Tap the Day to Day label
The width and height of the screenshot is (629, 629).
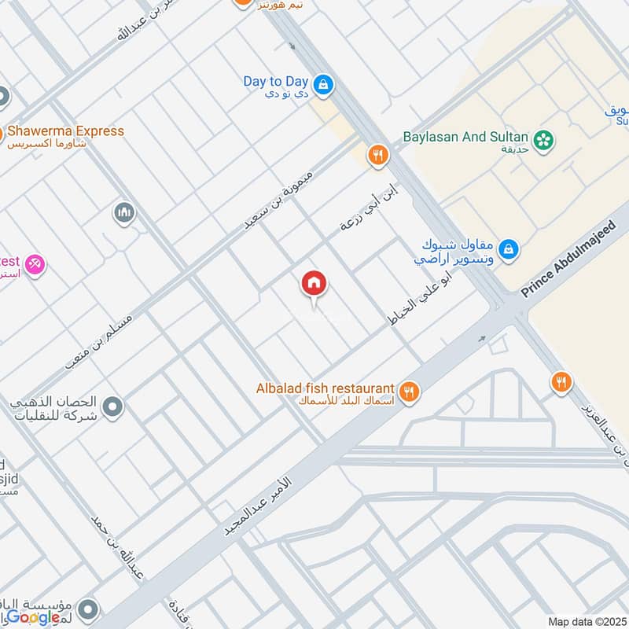tap(275, 82)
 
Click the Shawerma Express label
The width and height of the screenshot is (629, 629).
tap(66, 131)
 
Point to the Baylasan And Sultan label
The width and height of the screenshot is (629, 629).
tap(465, 137)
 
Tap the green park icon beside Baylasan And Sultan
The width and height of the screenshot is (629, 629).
tap(543, 141)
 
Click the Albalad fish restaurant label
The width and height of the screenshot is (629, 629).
tap(325, 388)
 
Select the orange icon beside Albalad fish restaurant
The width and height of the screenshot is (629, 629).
tap(408, 391)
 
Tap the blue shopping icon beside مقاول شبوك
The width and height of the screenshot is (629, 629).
tap(509, 249)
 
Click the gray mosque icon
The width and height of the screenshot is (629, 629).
tap(123, 212)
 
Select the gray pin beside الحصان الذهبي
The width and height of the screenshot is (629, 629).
tap(113, 407)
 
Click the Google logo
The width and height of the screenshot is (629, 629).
tap(34, 617)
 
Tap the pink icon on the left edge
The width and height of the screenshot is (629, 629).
tap(35, 266)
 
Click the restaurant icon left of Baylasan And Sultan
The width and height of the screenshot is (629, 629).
tap(378, 156)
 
